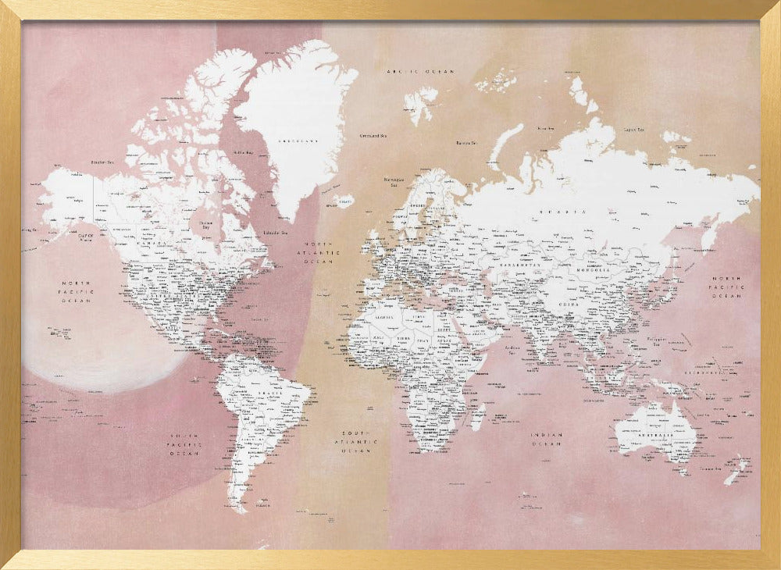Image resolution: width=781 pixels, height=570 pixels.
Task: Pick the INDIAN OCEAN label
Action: [x=547, y=439]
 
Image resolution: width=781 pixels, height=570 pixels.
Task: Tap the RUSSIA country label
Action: [x=572, y=212]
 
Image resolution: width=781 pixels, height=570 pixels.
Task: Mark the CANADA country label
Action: [x=152, y=242]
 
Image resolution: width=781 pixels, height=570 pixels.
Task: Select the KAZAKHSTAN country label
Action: [x=522, y=264]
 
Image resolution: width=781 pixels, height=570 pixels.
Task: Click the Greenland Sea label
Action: [x=373, y=135]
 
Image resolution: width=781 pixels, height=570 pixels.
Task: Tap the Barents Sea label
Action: [x=466, y=143]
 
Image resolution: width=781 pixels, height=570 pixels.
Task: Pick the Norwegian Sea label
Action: [x=393, y=183]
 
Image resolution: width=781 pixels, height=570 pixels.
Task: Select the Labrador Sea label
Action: [x=274, y=232]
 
